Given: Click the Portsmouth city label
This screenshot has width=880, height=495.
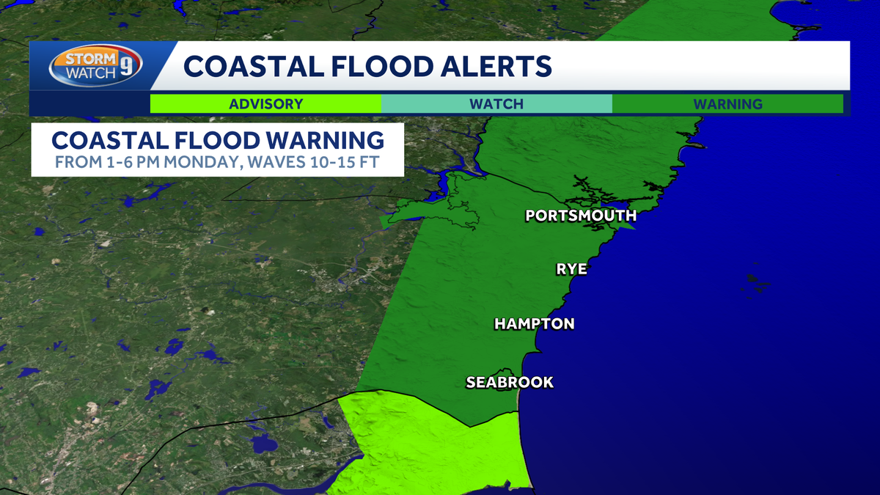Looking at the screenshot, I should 580,216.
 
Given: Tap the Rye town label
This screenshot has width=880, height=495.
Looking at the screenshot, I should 571,269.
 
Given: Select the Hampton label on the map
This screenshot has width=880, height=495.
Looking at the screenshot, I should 534,323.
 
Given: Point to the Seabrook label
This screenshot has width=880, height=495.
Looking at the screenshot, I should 510,382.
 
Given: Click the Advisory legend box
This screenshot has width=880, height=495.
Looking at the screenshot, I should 265,103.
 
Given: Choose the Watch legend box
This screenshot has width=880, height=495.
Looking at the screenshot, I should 496,103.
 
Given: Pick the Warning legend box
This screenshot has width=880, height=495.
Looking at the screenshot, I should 727,103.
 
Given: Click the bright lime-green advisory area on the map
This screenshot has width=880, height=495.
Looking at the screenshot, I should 433,447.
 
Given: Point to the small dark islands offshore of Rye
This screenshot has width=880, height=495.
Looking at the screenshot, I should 756,280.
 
